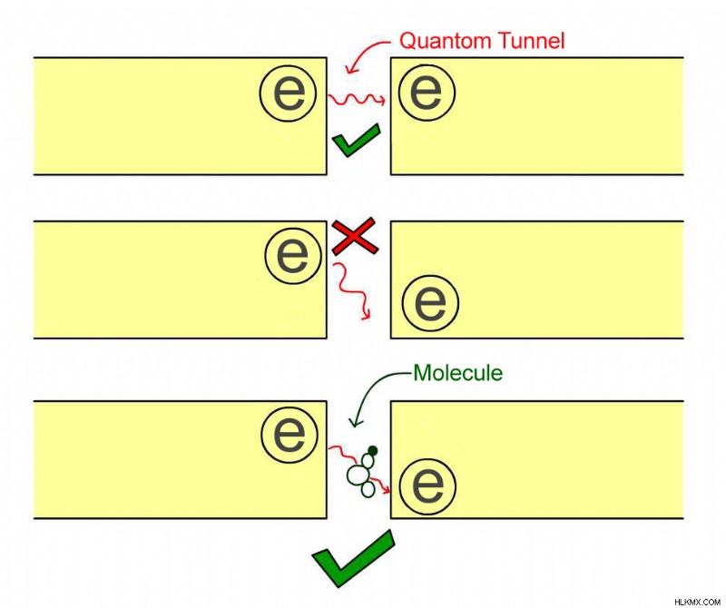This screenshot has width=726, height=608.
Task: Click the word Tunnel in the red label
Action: (531, 41)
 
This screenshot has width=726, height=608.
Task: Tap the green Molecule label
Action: (458, 373)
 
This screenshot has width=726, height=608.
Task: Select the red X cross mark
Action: (354, 236)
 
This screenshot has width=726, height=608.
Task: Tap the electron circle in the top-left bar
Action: (288, 93)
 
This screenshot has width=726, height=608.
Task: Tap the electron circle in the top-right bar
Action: (427, 92)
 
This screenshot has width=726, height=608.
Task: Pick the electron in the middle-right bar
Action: (430, 303)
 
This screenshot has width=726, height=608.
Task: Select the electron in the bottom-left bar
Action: (289, 436)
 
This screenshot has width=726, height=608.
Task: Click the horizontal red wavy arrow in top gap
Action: (357, 99)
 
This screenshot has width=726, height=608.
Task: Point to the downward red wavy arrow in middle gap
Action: (353, 290)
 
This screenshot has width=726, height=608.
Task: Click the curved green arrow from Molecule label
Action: (370, 389)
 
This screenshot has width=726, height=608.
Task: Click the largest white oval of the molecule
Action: (357, 475)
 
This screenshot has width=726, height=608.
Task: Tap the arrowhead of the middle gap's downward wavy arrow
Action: (367, 316)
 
